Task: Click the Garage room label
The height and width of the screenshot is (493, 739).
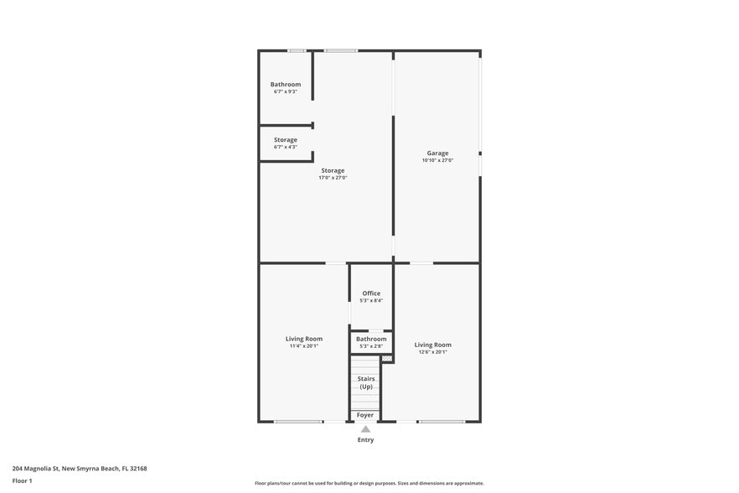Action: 437,153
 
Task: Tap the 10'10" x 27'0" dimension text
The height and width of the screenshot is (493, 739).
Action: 437,160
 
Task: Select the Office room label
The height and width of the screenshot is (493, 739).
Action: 371,293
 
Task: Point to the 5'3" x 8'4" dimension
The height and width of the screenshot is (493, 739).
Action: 371,300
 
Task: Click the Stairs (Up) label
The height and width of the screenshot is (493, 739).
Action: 366,382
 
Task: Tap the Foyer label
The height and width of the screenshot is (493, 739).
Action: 365,415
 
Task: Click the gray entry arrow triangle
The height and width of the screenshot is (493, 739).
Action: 365,428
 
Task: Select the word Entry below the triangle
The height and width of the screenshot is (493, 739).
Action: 365,439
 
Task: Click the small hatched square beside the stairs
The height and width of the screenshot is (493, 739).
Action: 386,359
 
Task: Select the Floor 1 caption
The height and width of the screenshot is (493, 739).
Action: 22,480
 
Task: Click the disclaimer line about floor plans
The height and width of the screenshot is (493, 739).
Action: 369,483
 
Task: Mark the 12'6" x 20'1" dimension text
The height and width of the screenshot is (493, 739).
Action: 432,352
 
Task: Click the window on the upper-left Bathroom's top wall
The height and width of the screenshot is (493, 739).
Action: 297,50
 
